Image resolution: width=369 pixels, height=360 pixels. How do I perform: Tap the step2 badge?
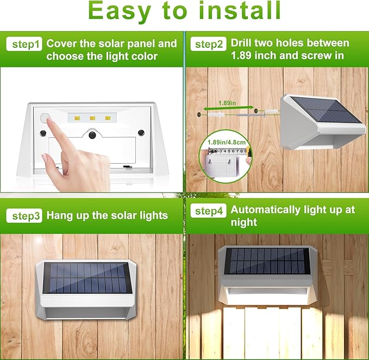coord(209,45)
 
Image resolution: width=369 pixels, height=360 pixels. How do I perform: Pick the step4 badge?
coord(209,211)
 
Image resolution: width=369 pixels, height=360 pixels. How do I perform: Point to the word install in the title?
coord(242,11)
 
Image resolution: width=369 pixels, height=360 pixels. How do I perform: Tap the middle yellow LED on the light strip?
coord(93,117)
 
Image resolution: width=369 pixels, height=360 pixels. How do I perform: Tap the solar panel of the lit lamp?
coord(266,260)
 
